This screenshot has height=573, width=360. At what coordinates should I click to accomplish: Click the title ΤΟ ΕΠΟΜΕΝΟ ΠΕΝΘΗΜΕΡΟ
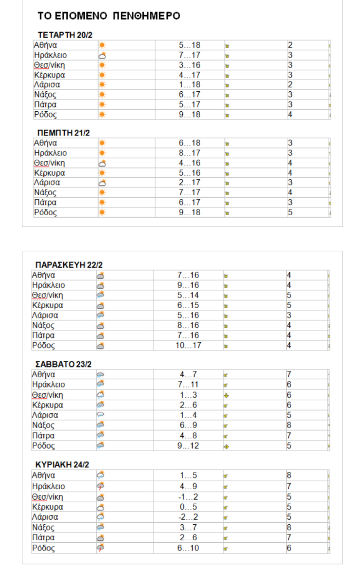pyautogui.click(x=109, y=16)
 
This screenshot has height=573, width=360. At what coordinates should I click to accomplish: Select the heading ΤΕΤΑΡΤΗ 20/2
pyautogui.click(x=65, y=35)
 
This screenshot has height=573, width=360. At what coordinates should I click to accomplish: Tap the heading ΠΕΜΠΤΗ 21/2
pyautogui.click(x=63, y=133)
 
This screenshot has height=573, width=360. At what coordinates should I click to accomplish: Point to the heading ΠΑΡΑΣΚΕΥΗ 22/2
pyautogui.click(x=69, y=265)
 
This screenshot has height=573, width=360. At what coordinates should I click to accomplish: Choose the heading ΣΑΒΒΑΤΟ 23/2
pyautogui.click(x=63, y=364)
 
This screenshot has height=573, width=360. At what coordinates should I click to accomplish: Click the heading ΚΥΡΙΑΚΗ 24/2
pyautogui.click(x=62, y=465)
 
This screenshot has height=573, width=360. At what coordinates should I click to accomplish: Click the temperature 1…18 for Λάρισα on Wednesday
pyautogui.click(x=189, y=85)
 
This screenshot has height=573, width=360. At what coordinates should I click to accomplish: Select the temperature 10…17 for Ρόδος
pyautogui.click(x=188, y=345)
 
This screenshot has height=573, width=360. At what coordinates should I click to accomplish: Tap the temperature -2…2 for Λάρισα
pyautogui.click(x=188, y=517)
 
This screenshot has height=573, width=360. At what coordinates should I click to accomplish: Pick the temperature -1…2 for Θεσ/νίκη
pyautogui.click(x=188, y=497)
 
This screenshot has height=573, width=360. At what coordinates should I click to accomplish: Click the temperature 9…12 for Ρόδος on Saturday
pyautogui.click(x=188, y=446)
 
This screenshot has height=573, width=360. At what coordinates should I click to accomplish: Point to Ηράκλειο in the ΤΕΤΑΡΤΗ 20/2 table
pyautogui.click(x=50, y=55)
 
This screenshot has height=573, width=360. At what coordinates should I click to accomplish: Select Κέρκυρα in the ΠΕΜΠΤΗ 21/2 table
pyautogui.click(x=49, y=173)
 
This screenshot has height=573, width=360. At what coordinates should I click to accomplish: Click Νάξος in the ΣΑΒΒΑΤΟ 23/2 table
pyautogui.click(x=43, y=425)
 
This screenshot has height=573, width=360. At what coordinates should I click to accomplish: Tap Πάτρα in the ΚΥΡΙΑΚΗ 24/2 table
pyautogui.click(x=43, y=537)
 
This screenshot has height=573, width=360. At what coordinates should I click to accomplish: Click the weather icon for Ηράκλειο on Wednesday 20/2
pyautogui.click(x=102, y=55)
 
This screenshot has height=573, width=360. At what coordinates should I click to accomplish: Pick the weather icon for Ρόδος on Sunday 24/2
pyautogui.click(x=101, y=548)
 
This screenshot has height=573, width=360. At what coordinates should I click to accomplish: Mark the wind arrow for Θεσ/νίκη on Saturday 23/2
pyautogui.click(x=226, y=395)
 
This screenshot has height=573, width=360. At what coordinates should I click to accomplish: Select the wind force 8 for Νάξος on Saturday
pyautogui.click(x=289, y=425)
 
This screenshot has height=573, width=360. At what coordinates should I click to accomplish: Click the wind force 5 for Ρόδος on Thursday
pyautogui.click(x=290, y=212)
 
